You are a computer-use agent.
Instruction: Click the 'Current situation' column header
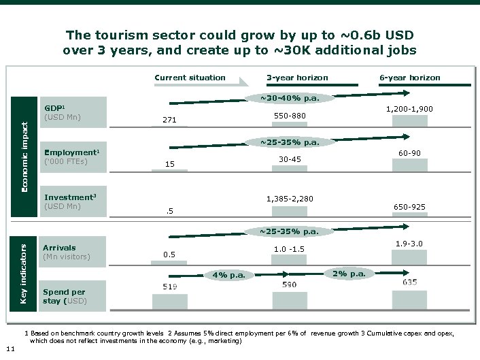[190, 78]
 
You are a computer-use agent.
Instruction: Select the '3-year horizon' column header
[297, 78]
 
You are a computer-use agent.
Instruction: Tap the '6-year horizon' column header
[409, 78]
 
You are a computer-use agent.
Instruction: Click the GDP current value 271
[169, 120]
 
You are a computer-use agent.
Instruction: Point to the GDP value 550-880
[290, 116]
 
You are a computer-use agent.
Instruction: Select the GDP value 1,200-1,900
[409, 108]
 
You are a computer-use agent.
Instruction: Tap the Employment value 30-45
[290, 159]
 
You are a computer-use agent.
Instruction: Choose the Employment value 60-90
[409, 152]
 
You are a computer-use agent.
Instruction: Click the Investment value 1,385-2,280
[290, 199]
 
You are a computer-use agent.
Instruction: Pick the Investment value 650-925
[409, 206]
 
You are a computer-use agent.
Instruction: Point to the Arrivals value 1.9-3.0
[409, 243]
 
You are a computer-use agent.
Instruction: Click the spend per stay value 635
[410, 282]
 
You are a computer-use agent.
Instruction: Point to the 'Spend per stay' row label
[64, 296]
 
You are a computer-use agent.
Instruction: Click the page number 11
[8, 349]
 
